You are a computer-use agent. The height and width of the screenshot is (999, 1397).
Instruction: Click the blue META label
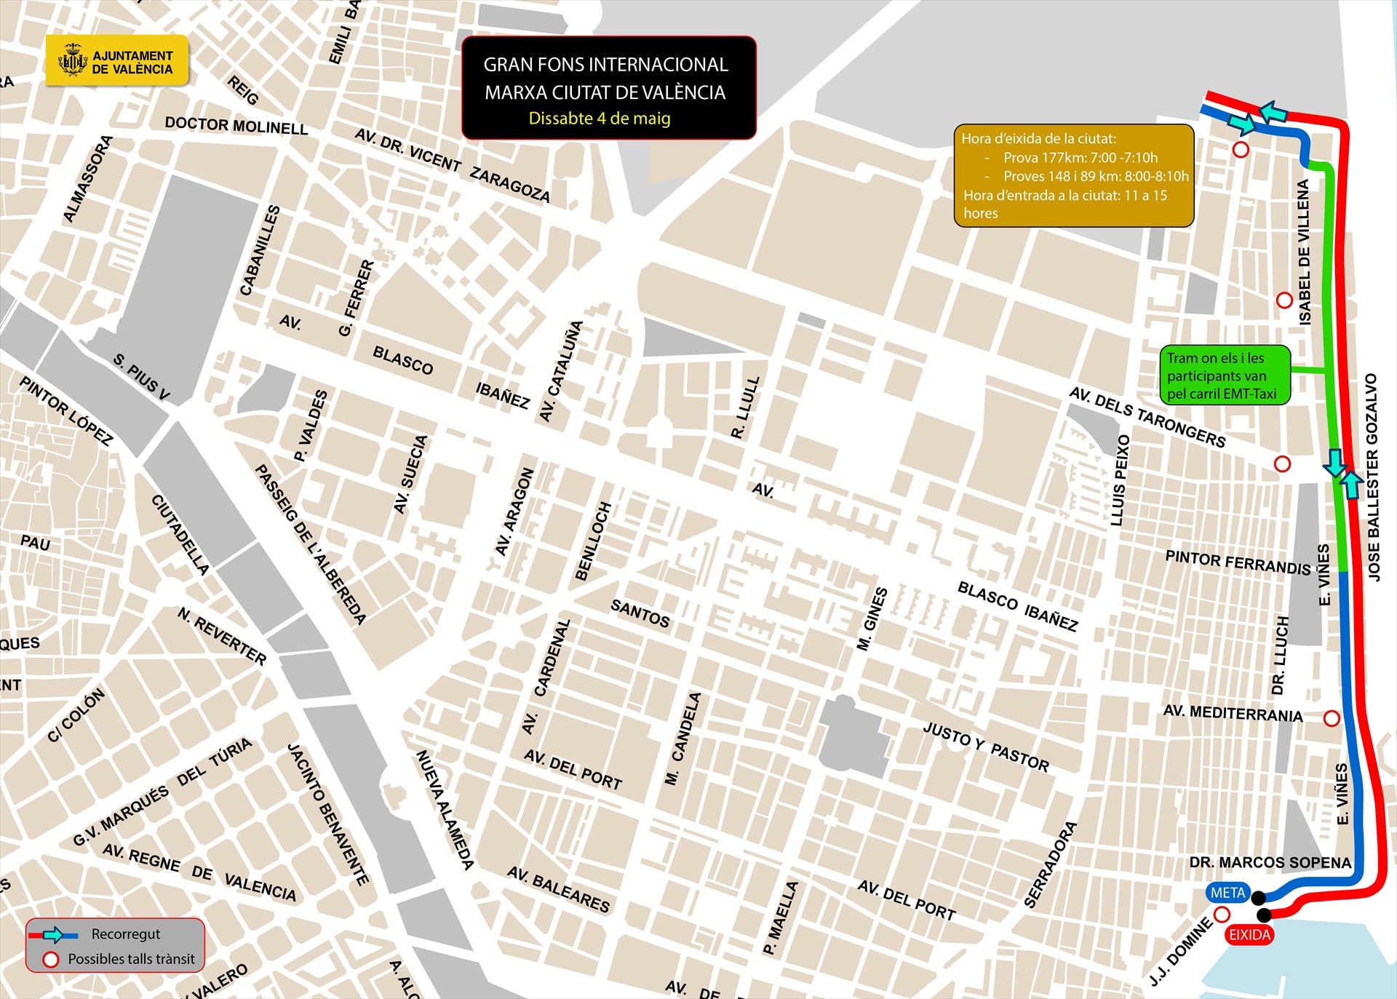click(x=1228, y=893)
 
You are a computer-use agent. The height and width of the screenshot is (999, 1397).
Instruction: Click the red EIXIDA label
click(x=1249, y=935)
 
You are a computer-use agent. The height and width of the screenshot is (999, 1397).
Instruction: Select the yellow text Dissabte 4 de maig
click(x=599, y=119)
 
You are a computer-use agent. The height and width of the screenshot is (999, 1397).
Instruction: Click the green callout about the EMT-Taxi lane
click(x=1223, y=375)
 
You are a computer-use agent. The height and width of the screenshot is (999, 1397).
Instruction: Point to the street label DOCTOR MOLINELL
click(x=236, y=125)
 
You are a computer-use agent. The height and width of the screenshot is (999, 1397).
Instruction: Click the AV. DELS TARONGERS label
click(x=1147, y=417)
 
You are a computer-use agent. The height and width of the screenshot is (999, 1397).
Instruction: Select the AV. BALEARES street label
click(x=558, y=889)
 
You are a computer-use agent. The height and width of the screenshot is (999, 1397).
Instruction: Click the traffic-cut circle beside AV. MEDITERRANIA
click(x=1332, y=718)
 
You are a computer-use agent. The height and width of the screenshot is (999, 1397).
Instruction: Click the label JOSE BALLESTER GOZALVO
click(x=1372, y=477)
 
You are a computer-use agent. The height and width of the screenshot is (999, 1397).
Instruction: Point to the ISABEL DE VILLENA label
click(x=1304, y=252)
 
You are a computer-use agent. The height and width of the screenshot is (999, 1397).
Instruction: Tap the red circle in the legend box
click(x=51, y=960)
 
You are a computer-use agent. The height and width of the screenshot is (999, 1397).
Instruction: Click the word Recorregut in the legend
click(x=125, y=934)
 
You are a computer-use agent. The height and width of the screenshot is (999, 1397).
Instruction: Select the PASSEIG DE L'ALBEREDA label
click(x=310, y=544)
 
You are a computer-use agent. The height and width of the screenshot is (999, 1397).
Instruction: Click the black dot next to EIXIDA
click(x=1264, y=915)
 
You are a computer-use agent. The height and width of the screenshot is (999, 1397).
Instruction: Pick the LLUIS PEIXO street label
click(x=1121, y=480)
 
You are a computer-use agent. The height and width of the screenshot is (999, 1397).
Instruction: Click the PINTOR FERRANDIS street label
click(x=1237, y=562)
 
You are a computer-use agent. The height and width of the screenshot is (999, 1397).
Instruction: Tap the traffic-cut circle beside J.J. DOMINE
click(x=1222, y=914)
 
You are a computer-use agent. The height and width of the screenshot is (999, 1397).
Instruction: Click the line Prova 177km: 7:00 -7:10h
click(x=1080, y=157)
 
